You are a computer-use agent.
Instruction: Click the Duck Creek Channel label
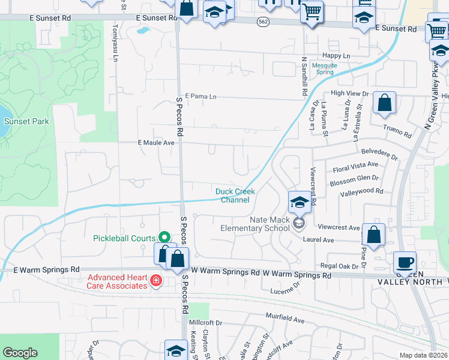[235, 196]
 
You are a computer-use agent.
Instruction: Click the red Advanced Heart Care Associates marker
[155, 281]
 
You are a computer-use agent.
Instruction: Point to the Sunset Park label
[26, 121]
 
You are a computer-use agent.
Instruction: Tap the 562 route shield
[263, 20]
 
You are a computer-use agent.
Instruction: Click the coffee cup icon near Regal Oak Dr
[404, 262]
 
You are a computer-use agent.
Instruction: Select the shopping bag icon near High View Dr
[384, 103]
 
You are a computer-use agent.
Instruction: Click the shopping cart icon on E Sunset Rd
[312, 11]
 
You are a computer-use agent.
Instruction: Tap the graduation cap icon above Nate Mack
[298, 202]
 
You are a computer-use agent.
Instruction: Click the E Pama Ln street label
[200, 96]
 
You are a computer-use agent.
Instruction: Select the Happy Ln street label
[336, 56]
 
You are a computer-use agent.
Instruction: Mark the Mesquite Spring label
[325, 68]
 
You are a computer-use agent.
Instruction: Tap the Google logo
[20, 353]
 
